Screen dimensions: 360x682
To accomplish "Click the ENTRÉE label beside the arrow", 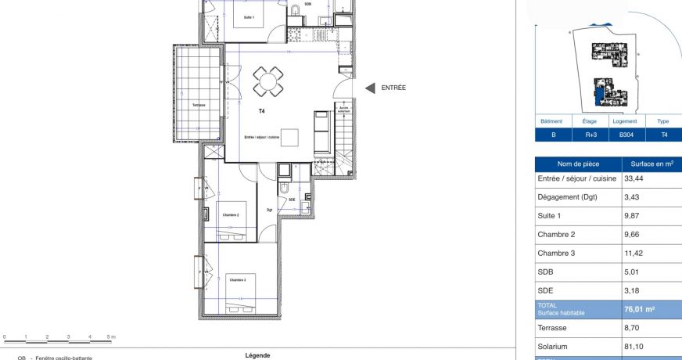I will coord(393,88).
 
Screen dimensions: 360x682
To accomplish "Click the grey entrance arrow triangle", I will coord(370,88).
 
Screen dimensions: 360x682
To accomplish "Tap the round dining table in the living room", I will coord(268,80).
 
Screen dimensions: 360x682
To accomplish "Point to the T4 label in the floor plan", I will coord(262,112).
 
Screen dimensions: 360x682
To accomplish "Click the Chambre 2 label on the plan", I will coord(230,214).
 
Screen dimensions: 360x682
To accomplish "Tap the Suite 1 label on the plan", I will coord(249,16).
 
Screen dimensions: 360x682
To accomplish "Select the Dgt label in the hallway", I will coord(269,210).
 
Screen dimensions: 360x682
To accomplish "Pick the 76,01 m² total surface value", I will coord(639,309).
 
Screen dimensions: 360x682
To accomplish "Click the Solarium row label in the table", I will coord(552,347).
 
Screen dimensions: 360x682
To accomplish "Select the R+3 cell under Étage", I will coord(590,135).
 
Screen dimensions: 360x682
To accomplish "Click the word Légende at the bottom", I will coord(257,355).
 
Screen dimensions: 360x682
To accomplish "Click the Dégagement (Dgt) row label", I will coord(567,197).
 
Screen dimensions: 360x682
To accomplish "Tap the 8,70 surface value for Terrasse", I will coord(632,329).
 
